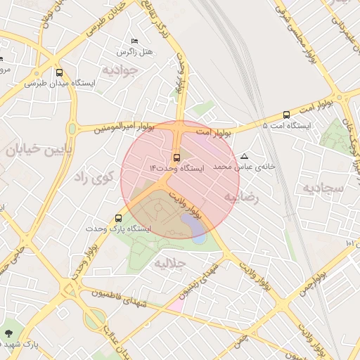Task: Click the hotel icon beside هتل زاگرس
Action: pos(135,41)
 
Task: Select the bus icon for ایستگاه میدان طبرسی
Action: pos(59,72)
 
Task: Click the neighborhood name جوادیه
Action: pos(117,70)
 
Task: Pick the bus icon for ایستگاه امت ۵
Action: pos(285,115)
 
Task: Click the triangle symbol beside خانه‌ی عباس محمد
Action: pos(244,156)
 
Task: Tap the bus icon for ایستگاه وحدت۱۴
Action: pos(176,157)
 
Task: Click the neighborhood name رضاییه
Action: pos(241,198)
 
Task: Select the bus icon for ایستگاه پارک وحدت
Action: pos(118,218)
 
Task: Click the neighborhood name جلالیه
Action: pos(169,264)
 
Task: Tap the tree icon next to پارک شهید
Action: pos(8,333)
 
